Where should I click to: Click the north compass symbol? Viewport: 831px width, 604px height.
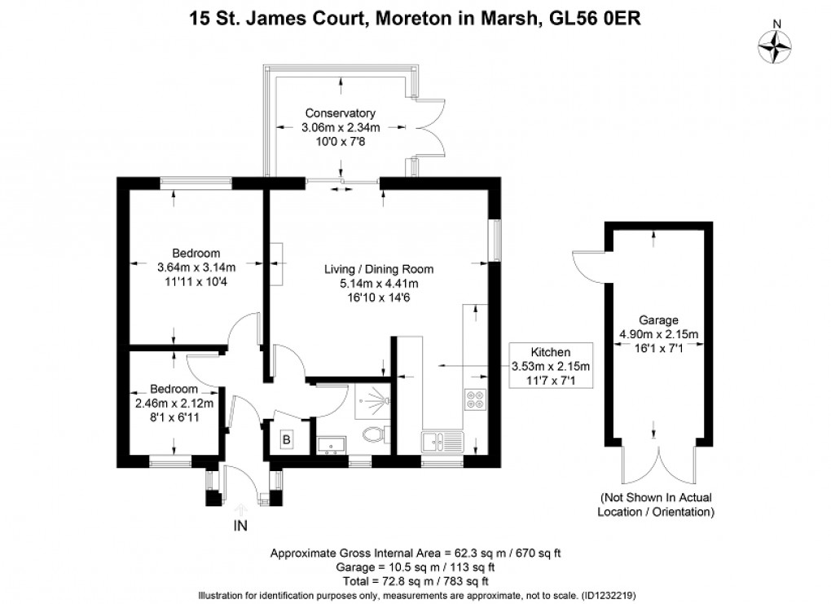(x=776, y=46)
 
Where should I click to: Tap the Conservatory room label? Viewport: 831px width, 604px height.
(x=340, y=113)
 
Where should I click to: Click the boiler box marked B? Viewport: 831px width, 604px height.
(x=286, y=439)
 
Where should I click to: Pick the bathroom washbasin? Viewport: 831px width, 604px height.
(x=331, y=443)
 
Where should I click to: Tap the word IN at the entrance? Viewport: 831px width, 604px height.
(x=240, y=526)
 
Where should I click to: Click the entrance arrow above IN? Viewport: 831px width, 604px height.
(x=240, y=509)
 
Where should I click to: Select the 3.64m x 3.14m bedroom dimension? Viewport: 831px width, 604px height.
(x=196, y=267)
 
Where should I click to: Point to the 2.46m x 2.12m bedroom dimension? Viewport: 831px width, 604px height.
(x=174, y=403)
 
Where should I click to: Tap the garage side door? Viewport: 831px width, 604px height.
(x=584, y=262)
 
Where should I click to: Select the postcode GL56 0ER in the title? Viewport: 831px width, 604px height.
(x=589, y=18)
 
